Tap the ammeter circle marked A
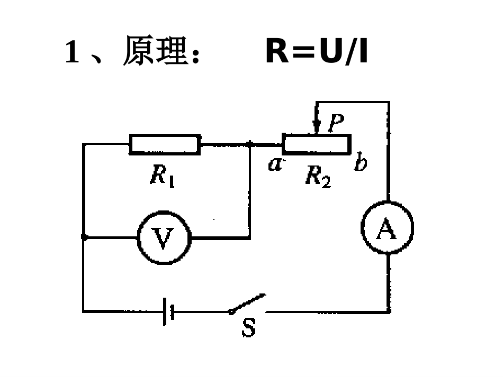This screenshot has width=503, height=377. click(x=387, y=228)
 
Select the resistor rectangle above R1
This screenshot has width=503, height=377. click(x=165, y=144)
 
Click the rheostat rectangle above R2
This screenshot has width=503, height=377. click(x=317, y=144)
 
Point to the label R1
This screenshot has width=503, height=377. click(x=162, y=176)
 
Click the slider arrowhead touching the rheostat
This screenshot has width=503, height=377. click(x=317, y=130)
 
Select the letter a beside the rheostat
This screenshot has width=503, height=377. click(x=274, y=164)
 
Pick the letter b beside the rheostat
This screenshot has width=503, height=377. click(x=360, y=163)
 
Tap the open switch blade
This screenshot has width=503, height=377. click(x=248, y=304)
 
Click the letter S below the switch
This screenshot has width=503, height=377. click(x=248, y=328)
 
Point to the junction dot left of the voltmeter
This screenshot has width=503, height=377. click(x=84, y=237)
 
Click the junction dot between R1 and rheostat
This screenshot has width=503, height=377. click(x=250, y=144)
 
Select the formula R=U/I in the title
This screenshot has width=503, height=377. click(x=316, y=52)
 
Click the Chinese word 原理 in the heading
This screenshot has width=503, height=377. click(x=153, y=53)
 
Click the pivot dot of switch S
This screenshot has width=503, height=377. click(x=231, y=312)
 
